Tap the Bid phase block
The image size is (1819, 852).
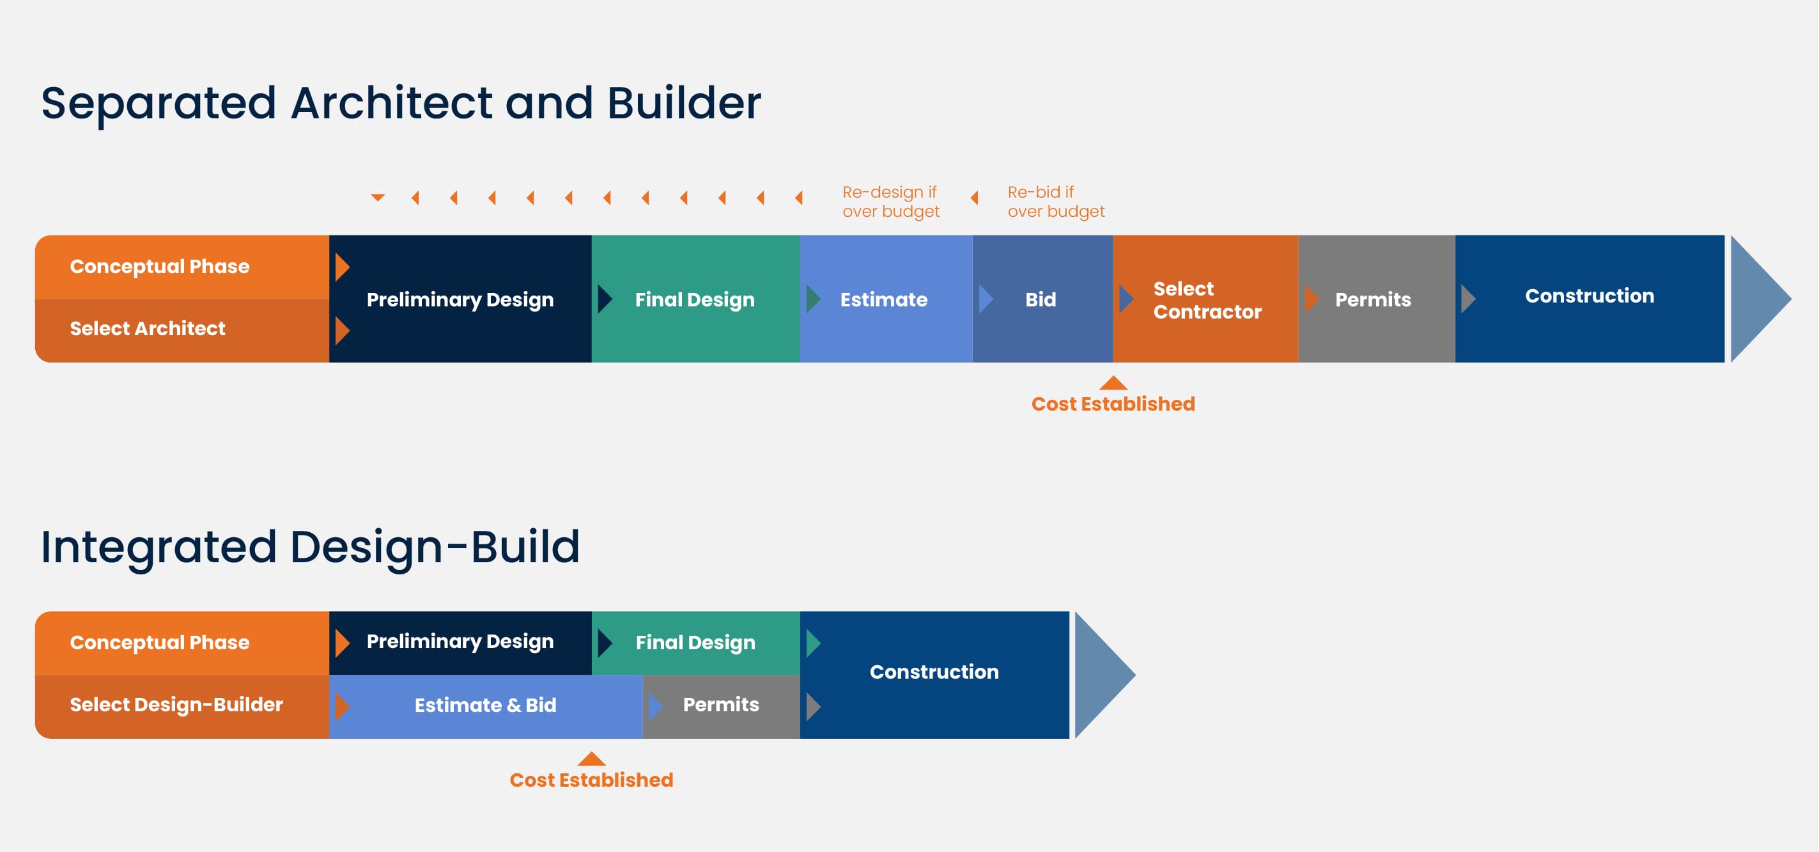point(1043,299)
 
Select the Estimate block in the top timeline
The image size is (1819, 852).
point(886,299)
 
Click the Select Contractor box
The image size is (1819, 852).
point(1206,299)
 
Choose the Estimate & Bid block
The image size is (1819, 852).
point(486,706)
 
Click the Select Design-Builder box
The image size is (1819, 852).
point(182,706)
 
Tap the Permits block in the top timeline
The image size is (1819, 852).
point(1377,299)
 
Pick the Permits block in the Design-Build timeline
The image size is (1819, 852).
point(722,706)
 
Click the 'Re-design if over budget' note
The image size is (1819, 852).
point(890,201)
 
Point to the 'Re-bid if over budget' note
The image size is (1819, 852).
point(1056,201)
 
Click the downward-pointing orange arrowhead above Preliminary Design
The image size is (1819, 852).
point(378,197)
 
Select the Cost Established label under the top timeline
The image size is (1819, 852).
point(1113,404)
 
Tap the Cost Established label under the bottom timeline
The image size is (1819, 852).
point(591,779)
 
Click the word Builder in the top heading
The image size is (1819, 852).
point(683,103)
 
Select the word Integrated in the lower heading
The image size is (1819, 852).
point(158,548)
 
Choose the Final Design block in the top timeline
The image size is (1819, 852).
point(695,299)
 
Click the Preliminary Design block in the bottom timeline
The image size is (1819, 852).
point(460,642)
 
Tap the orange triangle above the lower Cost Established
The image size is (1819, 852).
point(591,759)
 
